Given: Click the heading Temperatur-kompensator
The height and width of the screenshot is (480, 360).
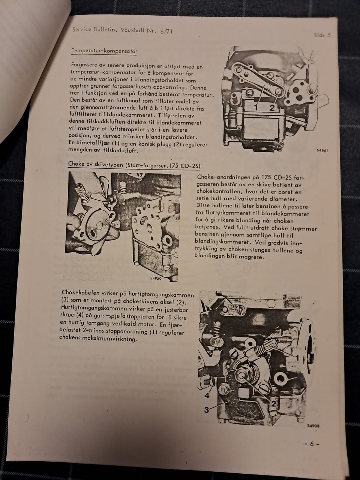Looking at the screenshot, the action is (x=104, y=51).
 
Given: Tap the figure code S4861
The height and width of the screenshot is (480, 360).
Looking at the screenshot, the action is (x=322, y=150).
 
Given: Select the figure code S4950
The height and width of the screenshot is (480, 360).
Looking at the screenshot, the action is (x=156, y=278).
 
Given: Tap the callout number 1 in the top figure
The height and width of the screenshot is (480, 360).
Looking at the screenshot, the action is (x=256, y=108).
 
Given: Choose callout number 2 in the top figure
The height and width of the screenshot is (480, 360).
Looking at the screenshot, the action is (x=272, y=108).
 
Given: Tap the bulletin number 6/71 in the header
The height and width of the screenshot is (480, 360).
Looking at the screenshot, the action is (x=166, y=31).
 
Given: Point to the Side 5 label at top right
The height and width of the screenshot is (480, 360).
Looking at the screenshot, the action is (x=322, y=35).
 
